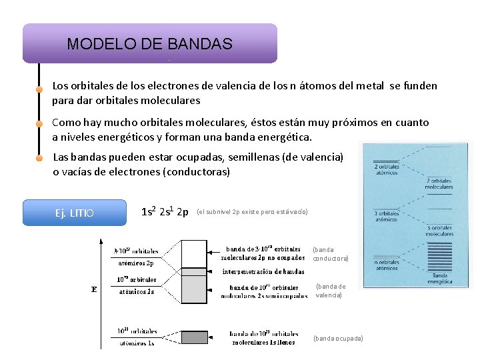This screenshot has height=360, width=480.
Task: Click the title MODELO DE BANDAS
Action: click(x=149, y=44)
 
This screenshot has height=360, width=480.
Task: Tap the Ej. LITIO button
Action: click(x=74, y=213)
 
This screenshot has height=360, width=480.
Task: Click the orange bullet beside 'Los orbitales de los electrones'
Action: click(x=39, y=89)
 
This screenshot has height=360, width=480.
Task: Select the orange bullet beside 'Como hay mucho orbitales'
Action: click(x=39, y=124)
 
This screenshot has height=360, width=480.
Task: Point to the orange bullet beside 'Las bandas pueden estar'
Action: click(x=39, y=159)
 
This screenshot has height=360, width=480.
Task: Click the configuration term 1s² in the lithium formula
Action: click(x=149, y=212)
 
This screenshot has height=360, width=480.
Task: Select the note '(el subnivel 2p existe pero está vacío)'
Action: click(x=252, y=212)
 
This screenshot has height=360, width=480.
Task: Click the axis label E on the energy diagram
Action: click(x=93, y=289)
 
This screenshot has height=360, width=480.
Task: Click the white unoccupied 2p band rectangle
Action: click(x=195, y=253)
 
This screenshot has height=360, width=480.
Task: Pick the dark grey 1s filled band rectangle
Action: click(x=195, y=337)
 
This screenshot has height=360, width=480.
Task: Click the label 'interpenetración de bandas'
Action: click(x=263, y=271)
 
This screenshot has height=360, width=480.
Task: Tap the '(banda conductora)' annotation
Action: click(x=331, y=254)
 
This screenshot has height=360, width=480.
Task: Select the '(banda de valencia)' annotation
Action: click(x=330, y=291)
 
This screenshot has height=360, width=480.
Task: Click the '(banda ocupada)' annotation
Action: click(x=338, y=339)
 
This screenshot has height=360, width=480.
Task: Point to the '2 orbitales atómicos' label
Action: click(x=386, y=169)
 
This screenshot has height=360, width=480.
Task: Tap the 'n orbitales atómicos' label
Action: click(x=386, y=265)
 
